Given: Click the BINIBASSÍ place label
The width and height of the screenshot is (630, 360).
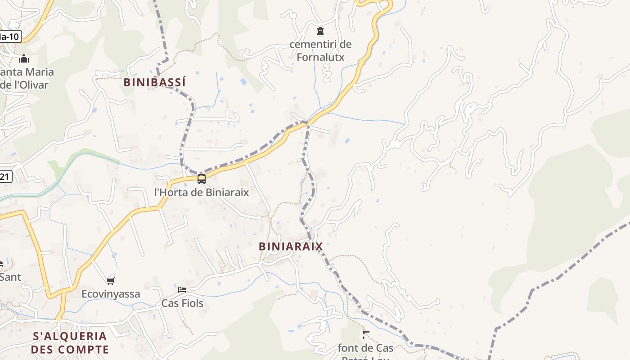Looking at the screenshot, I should (x=154, y=82).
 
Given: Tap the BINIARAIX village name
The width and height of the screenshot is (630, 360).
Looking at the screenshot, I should (x=291, y=246).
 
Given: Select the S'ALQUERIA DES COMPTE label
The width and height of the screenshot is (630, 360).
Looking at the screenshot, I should (x=70, y=342).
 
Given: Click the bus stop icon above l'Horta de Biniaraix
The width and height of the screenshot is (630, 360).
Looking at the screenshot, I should (x=202, y=179).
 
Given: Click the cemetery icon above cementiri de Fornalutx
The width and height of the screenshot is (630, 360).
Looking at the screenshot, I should (x=320, y=31).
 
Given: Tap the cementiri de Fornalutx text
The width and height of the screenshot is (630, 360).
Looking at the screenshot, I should (x=320, y=51).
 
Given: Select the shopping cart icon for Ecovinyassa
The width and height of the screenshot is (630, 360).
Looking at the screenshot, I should (x=110, y=281).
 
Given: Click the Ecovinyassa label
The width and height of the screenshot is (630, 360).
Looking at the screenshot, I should (x=111, y=294).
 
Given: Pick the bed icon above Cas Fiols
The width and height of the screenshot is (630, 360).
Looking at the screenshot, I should (x=182, y=289).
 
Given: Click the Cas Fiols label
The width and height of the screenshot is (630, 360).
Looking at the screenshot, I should (x=182, y=303).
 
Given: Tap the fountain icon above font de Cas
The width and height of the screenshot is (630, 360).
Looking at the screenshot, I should (x=366, y=334).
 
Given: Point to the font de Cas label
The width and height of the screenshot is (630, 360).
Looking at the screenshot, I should (x=365, y=348).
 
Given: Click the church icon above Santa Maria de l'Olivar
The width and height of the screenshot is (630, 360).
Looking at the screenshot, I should (x=24, y=58).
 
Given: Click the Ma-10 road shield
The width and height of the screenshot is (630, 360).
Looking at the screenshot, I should (x=10, y=36).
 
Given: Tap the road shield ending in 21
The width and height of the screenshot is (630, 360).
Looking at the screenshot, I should (x=5, y=177).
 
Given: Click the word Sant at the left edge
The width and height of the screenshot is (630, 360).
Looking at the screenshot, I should (x=10, y=277).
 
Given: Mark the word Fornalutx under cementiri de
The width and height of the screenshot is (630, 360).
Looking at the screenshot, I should (x=320, y=57).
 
